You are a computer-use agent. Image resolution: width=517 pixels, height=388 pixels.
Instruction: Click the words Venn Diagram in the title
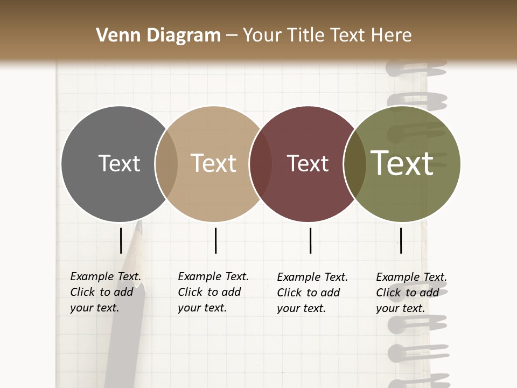158,36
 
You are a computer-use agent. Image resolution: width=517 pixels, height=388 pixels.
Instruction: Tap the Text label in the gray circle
119,163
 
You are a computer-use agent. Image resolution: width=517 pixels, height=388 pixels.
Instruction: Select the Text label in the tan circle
213,163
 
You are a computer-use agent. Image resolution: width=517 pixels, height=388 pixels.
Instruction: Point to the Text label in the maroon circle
308,163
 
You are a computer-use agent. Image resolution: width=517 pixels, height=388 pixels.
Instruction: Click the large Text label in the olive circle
402,163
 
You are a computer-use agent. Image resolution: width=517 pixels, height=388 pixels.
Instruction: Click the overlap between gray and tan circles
166,163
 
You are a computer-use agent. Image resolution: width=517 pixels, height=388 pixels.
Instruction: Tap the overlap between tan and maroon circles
261,163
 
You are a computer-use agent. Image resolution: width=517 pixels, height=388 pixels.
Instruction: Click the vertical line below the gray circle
121,240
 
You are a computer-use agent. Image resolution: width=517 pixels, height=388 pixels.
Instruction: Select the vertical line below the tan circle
215,240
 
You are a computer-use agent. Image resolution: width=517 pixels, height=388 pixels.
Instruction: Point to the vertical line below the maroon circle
310,240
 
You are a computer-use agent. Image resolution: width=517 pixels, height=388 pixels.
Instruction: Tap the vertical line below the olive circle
401,240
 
